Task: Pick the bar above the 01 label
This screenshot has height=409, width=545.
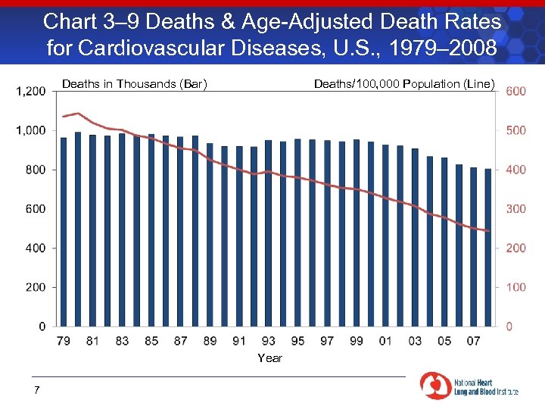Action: (x=385, y=236)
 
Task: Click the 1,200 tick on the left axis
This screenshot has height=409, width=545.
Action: (x=30, y=91)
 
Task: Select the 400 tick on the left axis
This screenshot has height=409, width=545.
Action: (x=35, y=248)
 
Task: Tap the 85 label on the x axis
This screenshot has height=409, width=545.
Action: (x=151, y=341)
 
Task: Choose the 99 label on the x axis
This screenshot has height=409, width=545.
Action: (x=357, y=341)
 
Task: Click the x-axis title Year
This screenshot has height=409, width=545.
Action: (x=269, y=357)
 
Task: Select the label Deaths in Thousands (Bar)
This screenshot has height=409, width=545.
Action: (x=135, y=83)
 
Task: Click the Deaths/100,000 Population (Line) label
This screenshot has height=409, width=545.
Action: (x=404, y=83)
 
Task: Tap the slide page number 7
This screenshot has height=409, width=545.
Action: (x=36, y=390)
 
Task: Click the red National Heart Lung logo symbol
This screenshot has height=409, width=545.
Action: (x=434, y=385)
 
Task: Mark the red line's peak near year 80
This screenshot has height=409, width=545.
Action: (x=77, y=113)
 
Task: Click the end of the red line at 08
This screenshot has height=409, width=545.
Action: (x=489, y=231)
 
